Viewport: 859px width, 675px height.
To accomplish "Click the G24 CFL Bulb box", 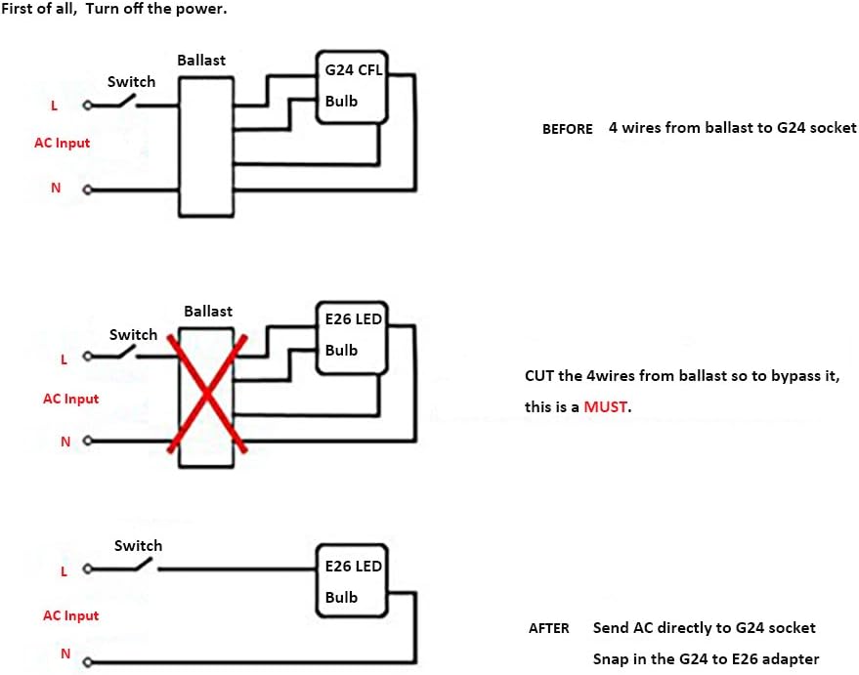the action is (352, 87).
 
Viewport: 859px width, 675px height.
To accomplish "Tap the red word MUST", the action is (605, 406).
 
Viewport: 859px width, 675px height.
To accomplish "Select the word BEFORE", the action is (568, 129).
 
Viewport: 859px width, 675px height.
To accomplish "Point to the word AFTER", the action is (549, 628).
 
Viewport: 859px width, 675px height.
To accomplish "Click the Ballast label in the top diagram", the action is (201, 61).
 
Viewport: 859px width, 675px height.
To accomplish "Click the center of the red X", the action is (206, 393).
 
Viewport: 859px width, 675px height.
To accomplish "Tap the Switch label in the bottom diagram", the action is (138, 546).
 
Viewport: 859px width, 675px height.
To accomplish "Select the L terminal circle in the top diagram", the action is (87, 105).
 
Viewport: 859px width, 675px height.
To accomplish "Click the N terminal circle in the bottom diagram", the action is (87, 662).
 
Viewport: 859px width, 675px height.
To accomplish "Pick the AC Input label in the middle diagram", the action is (70, 400).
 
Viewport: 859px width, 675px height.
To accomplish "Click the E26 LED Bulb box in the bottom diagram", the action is (352, 580).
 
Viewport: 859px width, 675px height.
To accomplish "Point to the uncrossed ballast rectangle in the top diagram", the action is (206, 147).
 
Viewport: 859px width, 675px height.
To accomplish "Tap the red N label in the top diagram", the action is (56, 188).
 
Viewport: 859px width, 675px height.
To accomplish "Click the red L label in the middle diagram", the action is (64, 359).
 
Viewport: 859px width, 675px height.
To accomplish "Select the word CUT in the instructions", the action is (539, 376).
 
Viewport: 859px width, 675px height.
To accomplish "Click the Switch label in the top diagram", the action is (132, 82).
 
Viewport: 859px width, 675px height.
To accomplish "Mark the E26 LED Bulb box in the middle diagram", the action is (352, 337).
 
